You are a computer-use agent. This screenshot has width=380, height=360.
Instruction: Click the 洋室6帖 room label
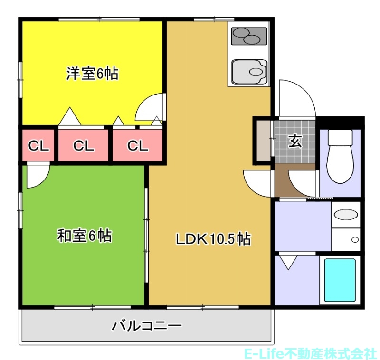[92, 74]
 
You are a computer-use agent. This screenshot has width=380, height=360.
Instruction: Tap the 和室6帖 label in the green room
[85, 235]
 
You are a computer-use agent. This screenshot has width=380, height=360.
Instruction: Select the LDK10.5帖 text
[213, 239]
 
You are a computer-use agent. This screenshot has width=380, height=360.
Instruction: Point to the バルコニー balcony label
[147, 326]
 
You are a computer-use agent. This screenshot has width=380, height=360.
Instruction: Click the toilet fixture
[340, 156]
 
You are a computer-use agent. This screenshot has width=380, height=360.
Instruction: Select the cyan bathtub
[340, 280]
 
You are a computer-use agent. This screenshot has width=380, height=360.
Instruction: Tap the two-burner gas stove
[248, 36]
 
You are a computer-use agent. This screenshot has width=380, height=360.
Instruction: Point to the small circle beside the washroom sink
[354, 240]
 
